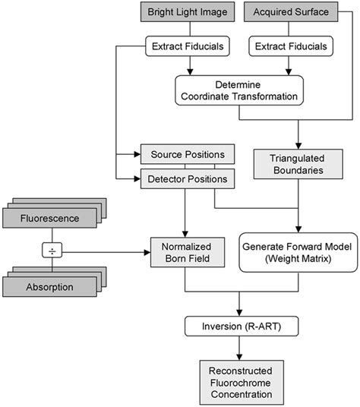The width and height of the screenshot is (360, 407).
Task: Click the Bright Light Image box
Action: pos(185,14)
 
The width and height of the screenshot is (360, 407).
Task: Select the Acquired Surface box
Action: pos(292,14)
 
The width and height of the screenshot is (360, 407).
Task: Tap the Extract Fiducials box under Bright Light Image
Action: pos(185,47)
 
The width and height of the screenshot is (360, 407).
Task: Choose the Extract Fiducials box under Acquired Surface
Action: pos(292,47)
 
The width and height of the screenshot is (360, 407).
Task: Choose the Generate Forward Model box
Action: pos(298,253)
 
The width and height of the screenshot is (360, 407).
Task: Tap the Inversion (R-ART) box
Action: pos(240,327)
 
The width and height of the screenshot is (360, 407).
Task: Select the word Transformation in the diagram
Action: pos(257,97)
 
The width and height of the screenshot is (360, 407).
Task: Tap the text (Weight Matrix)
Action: pos(298,260)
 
